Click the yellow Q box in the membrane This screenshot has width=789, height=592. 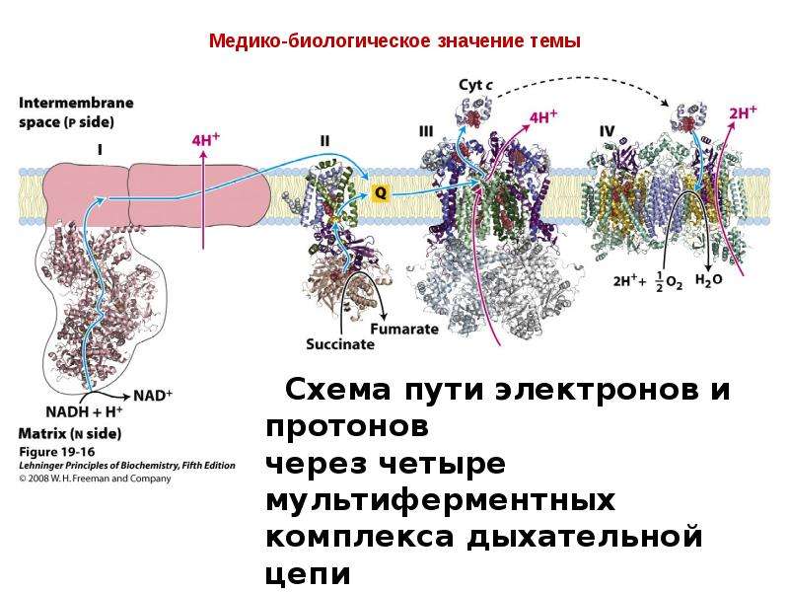coord(381,192)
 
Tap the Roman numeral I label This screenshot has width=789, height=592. coord(100,150)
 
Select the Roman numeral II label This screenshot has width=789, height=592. coord(324,140)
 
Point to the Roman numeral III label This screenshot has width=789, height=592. coord(426,131)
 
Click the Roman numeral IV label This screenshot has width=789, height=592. coord(607,131)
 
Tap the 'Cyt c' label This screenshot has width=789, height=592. coord(475,85)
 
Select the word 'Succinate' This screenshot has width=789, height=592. coord(340,344)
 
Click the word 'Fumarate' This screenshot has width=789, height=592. coord(404,329)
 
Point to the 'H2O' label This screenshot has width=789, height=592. coord(708,280)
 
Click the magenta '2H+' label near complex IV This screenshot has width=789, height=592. coord(743,112)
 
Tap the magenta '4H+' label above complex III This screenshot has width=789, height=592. coord(543,116)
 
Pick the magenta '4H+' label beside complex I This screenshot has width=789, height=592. coord(206,139)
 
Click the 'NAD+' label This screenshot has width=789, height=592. coord(153,396)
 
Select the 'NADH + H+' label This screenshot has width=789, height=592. coord(84,411)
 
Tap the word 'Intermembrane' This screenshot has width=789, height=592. coord(77,103)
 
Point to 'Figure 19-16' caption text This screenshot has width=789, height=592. coord(57,452)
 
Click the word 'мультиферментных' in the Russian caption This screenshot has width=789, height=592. coord(440,501)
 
